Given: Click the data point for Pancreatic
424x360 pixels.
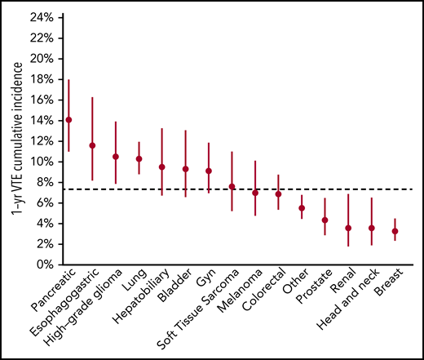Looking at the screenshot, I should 68,120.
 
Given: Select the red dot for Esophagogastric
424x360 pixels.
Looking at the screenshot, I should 92,145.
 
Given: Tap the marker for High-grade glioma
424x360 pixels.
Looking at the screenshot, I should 116,157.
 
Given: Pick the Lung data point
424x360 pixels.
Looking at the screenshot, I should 139,158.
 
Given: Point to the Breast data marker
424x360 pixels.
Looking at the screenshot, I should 395,231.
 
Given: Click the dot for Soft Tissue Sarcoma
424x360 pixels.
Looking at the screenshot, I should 232,187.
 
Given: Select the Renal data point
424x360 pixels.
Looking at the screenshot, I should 348,229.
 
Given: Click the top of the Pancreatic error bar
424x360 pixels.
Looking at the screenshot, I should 68,80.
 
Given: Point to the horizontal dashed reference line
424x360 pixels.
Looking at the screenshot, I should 326,189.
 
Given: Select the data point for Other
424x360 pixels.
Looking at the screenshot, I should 302,208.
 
